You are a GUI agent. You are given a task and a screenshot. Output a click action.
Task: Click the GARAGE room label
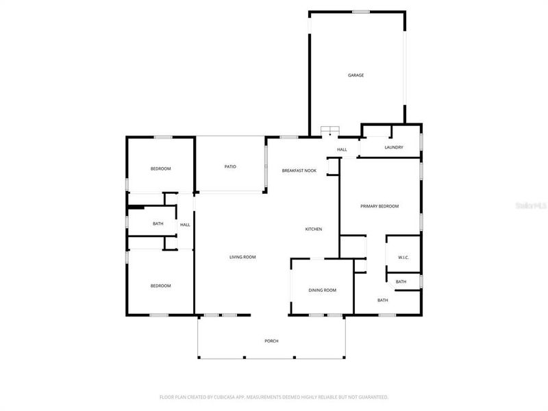tap(356, 75)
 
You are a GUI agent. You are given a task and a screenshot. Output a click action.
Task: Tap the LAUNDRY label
tap(393, 147)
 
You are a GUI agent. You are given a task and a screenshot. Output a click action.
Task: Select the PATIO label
tap(230, 166)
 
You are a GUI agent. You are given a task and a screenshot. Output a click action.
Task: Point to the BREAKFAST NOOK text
tap(299, 170)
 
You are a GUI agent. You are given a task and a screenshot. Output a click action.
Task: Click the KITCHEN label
tap(313, 229)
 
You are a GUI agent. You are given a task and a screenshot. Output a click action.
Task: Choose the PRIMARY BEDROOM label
tap(379, 206)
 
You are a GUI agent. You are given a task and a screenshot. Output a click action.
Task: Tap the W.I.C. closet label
tap(403, 258)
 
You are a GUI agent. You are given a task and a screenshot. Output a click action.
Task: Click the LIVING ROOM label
tap(242, 258)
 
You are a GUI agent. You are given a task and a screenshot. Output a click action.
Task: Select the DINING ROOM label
tap(322, 290)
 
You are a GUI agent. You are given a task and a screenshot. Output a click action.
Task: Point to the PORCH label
tap(271, 341)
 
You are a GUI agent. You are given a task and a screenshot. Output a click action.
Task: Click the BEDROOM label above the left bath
tap(160, 169)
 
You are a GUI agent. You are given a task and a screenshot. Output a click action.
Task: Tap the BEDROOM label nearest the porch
tap(160, 286)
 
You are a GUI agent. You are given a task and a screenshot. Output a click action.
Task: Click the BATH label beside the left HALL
tap(158, 224)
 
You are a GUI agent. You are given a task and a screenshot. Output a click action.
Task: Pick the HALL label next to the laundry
tap(342, 149)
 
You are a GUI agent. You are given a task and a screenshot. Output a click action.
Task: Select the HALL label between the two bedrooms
tap(185, 225)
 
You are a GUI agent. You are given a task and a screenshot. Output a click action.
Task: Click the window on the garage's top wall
tap(360, 11)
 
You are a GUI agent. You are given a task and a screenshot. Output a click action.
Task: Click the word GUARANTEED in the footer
tap(371, 397)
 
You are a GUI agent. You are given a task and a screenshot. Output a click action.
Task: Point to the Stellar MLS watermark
tap(532, 205)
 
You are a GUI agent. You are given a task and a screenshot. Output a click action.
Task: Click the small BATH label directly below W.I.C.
tap(401, 282)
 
